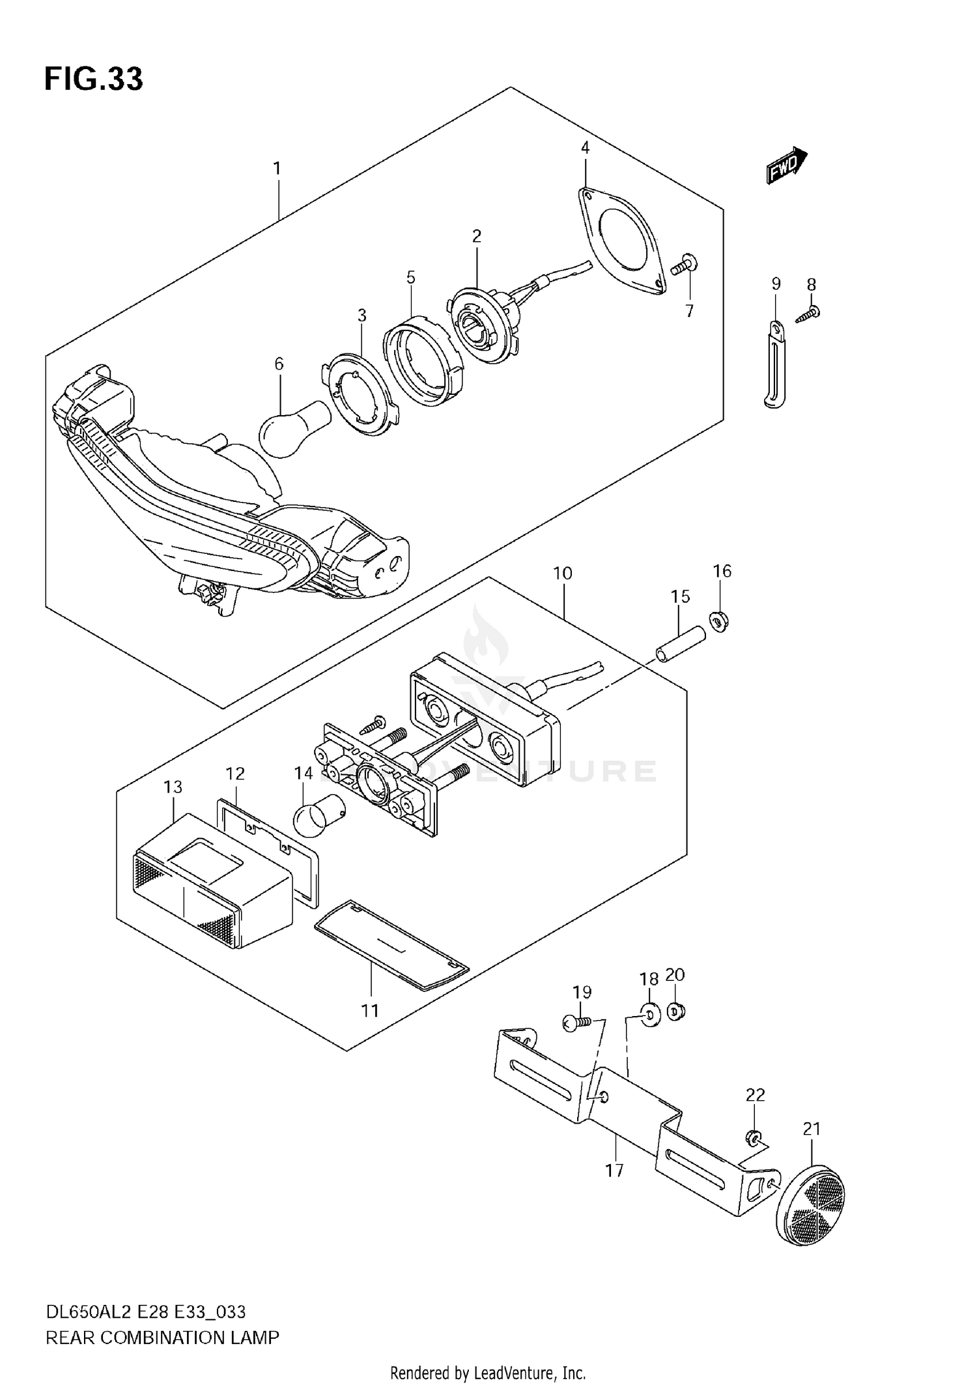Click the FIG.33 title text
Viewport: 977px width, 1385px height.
pyautogui.click(x=93, y=80)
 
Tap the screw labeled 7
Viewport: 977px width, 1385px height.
pyautogui.click(x=684, y=265)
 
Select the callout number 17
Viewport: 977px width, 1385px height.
pyautogui.click(x=614, y=1170)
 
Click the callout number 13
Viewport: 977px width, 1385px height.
pyautogui.click(x=173, y=787)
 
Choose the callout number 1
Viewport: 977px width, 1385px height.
pyautogui.click(x=277, y=169)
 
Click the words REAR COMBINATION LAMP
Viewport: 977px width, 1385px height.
pyautogui.click(x=162, y=1337)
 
